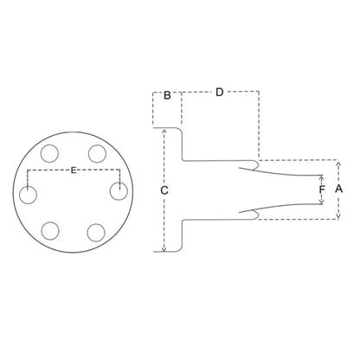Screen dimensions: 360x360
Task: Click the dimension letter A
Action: [x=339, y=189]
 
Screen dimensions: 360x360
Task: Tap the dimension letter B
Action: [x=167, y=95]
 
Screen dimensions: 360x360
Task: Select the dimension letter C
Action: [x=164, y=190]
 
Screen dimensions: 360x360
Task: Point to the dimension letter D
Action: [x=220, y=93]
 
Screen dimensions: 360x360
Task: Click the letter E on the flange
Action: [x=74, y=170]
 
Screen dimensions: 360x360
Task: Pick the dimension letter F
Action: [x=322, y=190]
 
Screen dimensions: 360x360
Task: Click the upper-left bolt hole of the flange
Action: [x=49, y=153]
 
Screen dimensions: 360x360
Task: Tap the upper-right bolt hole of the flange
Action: [x=97, y=154]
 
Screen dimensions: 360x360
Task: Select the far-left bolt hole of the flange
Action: [x=28, y=195]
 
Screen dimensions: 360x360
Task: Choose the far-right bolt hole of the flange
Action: [x=119, y=191]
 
